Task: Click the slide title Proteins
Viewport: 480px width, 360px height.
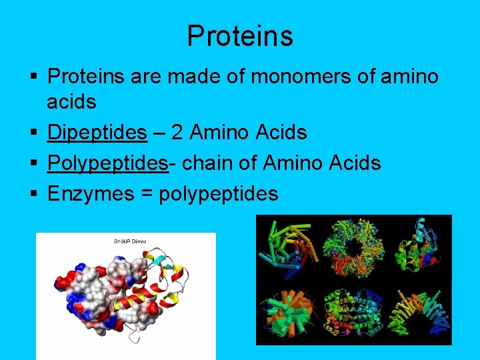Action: [x=239, y=36]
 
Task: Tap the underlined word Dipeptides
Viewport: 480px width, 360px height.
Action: [x=97, y=133]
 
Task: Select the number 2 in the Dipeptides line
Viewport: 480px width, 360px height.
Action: [x=177, y=133]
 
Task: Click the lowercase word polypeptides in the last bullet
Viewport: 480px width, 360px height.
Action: [x=218, y=194]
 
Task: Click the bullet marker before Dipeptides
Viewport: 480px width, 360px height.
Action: [x=33, y=133]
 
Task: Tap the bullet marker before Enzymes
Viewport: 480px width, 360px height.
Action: [x=33, y=194]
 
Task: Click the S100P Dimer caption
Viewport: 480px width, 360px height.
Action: [x=129, y=241]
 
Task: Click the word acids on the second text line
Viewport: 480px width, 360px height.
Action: [x=71, y=102]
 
